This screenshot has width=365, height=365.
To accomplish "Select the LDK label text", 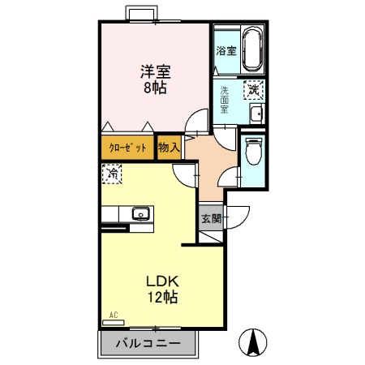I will tap(161, 281).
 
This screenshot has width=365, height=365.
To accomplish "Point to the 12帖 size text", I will tap(161, 297).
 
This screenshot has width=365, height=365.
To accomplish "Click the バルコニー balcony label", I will tap(148, 343).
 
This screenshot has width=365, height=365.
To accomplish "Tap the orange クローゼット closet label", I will tap(128, 148).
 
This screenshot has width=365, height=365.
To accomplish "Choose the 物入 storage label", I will tap(168, 148).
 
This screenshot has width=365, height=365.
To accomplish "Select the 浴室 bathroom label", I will tap(225, 50).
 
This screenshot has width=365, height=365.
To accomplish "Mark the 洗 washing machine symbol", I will tap(254, 89).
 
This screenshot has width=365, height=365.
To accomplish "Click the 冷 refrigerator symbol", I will tap(113, 174).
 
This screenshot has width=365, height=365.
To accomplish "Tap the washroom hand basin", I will tap(255, 114).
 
